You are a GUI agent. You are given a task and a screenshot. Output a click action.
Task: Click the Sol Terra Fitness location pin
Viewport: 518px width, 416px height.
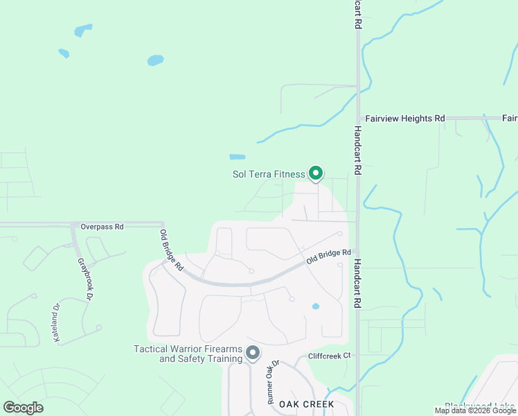(x=316, y=172)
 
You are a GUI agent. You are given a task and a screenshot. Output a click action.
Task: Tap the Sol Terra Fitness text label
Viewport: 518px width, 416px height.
(x=269, y=174)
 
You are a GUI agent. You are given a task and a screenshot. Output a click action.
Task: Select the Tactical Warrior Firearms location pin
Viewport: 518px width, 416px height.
(x=253, y=353)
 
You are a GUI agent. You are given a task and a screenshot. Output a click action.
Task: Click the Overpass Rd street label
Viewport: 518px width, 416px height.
(x=102, y=227)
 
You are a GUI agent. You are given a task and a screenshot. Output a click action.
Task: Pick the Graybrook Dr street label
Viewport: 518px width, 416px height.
(x=85, y=279)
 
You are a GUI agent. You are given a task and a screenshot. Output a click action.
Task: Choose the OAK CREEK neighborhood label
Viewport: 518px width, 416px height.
(x=307, y=404)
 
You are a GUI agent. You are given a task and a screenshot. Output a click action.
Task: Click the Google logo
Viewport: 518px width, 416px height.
(x=23, y=407)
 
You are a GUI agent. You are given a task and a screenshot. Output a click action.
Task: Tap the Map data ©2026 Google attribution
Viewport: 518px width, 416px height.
(x=476, y=410)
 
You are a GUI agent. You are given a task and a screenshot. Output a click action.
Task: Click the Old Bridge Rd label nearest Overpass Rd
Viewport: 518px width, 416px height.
(x=171, y=250)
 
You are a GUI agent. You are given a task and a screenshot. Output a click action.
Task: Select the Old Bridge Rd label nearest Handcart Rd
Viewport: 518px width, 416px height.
(x=329, y=257)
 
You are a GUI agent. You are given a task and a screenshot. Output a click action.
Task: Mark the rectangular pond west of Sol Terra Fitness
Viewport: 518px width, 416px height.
(x=237, y=157)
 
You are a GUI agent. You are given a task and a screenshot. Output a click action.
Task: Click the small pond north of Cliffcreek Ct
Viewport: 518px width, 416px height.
(x=316, y=306)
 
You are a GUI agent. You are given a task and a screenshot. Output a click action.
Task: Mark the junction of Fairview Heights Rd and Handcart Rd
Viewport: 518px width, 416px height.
(x=358, y=119)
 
